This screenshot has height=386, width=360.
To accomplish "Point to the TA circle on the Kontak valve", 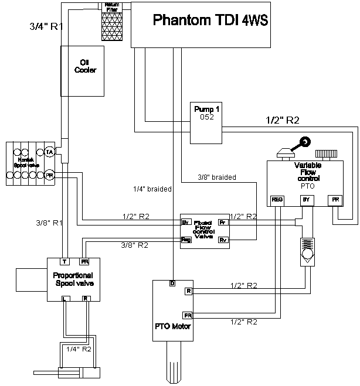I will [50, 152].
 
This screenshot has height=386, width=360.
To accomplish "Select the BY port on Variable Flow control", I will [305, 200].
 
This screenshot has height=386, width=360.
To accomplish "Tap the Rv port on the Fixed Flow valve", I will [223, 240].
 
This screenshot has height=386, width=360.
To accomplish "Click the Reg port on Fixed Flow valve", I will [186, 240].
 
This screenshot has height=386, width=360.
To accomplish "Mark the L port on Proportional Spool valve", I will [66, 299].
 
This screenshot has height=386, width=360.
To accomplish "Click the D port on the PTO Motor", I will [172, 284].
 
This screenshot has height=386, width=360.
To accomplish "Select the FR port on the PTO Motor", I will [188, 315].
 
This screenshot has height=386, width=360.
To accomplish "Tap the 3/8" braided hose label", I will [217, 177].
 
